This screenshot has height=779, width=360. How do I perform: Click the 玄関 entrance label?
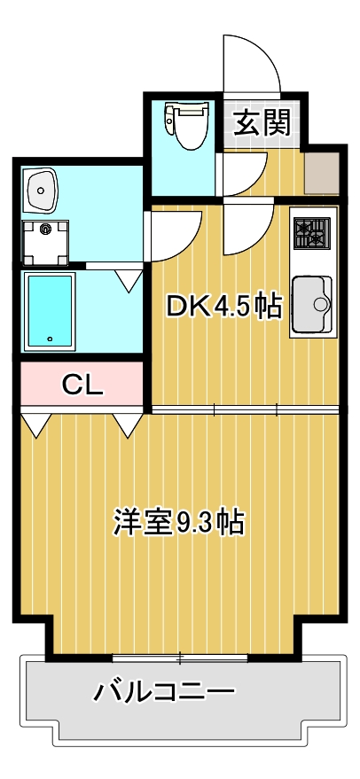[262, 123]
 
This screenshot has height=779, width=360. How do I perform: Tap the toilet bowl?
[186, 124]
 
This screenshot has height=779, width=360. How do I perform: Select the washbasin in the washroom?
[41, 189]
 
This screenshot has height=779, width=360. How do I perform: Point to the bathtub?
[50, 310]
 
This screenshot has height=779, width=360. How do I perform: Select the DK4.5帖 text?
[224, 307]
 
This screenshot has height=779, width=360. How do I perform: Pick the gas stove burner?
[311, 233]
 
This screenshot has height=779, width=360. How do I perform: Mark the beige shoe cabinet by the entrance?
[321, 174]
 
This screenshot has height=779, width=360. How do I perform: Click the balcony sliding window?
[180, 658]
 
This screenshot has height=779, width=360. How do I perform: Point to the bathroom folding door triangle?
[129, 281]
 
